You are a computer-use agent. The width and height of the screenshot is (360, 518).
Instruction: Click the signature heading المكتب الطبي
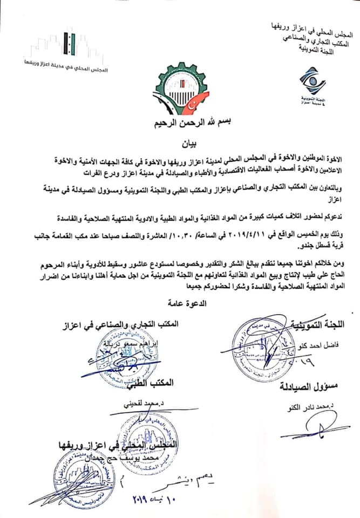[154, 383]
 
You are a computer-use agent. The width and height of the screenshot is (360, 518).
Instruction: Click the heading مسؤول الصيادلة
[309, 388]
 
